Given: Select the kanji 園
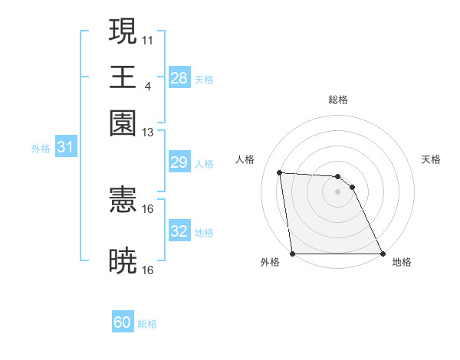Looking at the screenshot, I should (x=123, y=123).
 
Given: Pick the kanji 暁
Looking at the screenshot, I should (x=123, y=260).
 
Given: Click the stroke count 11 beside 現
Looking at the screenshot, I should (x=148, y=38).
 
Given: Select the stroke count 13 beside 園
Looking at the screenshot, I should (x=148, y=133).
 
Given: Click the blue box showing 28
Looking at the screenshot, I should (x=179, y=78).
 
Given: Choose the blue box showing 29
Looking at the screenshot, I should (x=179, y=162).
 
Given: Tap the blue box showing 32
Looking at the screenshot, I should (x=179, y=231).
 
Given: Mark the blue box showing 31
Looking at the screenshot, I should (x=65, y=148).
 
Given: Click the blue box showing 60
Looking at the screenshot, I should (x=123, y=323).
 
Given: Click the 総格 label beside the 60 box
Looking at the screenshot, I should (x=147, y=325).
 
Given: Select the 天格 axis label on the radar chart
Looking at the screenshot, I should (x=431, y=159).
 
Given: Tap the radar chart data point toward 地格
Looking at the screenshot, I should (x=382, y=254).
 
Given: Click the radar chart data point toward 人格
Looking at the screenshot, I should (x=280, y=172).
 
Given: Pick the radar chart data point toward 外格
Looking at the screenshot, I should (x=293, y=254).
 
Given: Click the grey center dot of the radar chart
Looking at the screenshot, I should (x=337, y=192).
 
